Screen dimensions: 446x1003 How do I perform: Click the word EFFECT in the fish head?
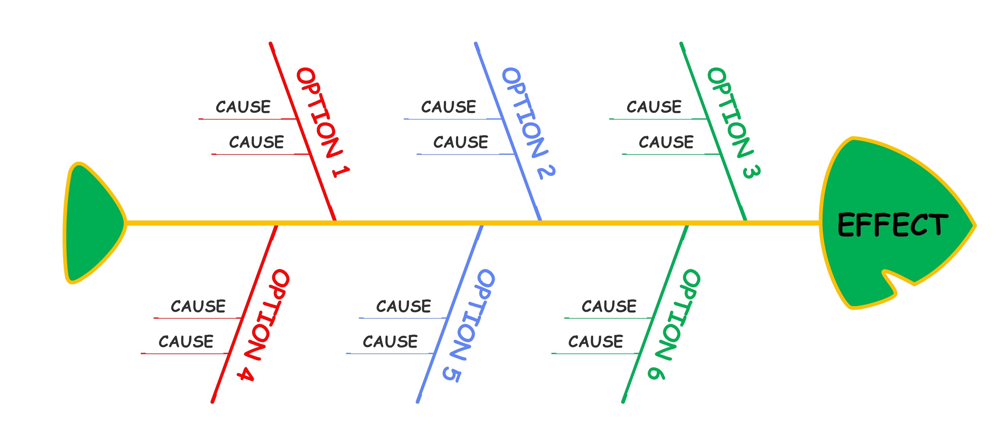[x=892, y=225]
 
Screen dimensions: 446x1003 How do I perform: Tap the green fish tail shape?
[x=91, y=223]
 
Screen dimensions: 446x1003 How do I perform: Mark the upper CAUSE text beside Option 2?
[x=449, y=107]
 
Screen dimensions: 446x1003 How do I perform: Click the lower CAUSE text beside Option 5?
[x=390, y=342]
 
